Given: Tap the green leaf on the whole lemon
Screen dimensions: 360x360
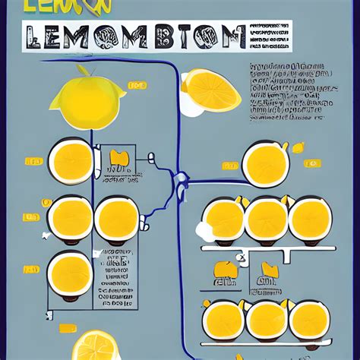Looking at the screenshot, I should [x=83, y=70].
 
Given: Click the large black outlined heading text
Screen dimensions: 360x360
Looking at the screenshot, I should [x=134, y=36].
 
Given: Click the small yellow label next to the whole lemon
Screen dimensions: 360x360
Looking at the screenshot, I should [x=138, y=86].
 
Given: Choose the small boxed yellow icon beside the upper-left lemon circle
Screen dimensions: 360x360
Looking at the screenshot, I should [x=118, y=159].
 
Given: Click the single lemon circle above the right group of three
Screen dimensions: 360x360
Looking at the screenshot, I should [x=266, y=162].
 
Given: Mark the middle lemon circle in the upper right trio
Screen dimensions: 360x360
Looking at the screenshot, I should [x=267, y=219].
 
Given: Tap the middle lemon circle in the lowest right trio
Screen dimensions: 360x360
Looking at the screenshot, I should [x=267, y=319].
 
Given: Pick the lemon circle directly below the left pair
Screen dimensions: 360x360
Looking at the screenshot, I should [x=70, y=273].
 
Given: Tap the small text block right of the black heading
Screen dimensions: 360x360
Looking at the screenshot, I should [x=270, y=36].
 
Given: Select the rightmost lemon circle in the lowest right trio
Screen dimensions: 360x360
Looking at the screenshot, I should [x=310, y=319].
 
